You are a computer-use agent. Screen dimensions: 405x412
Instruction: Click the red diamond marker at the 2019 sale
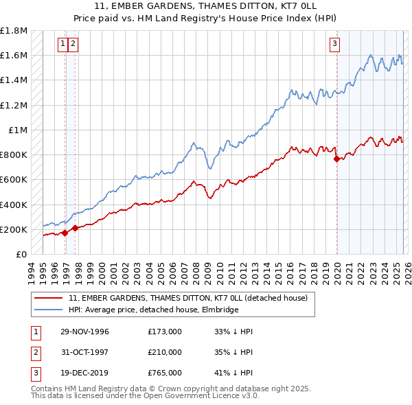click(x=336, y=159)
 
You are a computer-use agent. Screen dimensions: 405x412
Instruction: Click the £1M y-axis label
click(x=19, y=130)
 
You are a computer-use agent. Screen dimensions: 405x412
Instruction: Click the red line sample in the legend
click(x=49, y=299)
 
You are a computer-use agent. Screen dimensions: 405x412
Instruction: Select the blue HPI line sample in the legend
click(x=49, y=310)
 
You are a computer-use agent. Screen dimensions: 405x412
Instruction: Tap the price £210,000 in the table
click(x=165, y=351)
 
